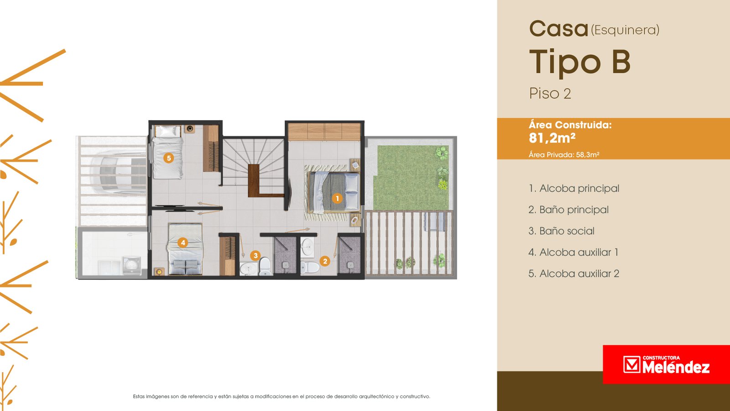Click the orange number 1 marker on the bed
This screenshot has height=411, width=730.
point(337,198)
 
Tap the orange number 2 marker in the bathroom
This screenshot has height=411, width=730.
point(324,261)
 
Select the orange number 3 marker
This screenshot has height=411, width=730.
point(255,255)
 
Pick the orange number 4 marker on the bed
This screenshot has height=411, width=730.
point(183,242)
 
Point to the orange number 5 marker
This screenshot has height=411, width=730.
point(168,158)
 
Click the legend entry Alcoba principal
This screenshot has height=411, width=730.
point(574,189)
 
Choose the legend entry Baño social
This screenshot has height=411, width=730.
point(562,231)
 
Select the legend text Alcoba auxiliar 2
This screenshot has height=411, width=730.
point(574,274)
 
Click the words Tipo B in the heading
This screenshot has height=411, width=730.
point(580,62)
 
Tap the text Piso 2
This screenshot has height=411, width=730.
point(550,94)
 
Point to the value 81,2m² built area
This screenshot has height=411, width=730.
point(552,138)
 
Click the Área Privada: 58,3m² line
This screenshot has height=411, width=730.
point(564,155)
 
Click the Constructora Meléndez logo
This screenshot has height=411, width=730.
point(666,364)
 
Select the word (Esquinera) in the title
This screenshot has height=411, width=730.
point(625,30)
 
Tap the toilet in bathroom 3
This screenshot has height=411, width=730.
point(265,267)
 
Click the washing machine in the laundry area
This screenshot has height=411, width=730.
point(132,265)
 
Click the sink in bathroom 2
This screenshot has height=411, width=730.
point(307,247)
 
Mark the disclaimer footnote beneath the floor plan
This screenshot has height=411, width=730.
point(282,397)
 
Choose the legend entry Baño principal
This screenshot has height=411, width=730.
point(568,210)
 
